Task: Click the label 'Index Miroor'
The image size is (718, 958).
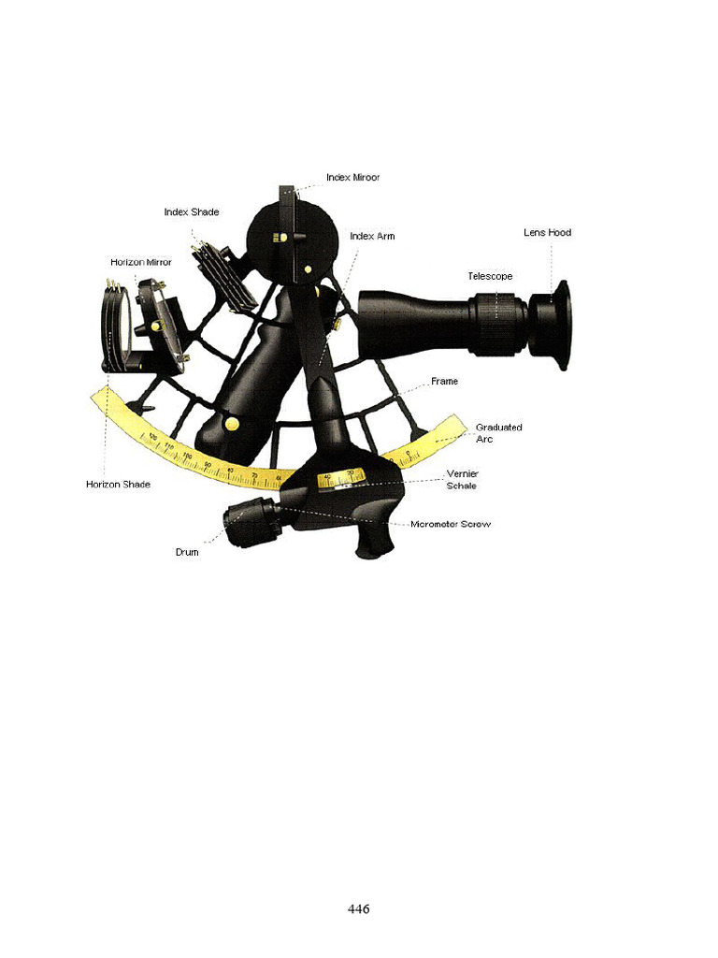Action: pyautogui.click(x=352, y=177)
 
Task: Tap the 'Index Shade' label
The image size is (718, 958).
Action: pyautogui.click(x=191, y=212)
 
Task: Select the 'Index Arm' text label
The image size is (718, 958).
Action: pyautogui.click(x=372, y=237)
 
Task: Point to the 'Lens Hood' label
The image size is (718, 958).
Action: pyautogui.click(x=547, y=232)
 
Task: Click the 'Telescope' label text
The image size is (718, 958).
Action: pyautogui.click(x=490, y=276)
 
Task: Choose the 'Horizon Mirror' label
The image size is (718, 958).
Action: pyautogui.click(x=140, y=262)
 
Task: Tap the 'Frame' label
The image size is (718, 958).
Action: pyautogui.click(x=444, y=382)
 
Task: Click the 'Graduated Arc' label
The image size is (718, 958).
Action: pyautogui.click(x=498, y=432)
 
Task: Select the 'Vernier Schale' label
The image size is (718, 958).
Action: pyautogui.click(x=462, y=480)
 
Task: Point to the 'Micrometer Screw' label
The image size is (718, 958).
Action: pyautogui.click(x=451, y=524)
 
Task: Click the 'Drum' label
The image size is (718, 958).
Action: pyautogui.click(x=187, y=552)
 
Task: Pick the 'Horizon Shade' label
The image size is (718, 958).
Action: pyautogui.click(x=118, y=485)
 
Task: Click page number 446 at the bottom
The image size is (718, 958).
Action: pyautogui.click(x=358, y=908)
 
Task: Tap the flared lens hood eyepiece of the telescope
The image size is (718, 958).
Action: pyautogui.click(x=552, y=325)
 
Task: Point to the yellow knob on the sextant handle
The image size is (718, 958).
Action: pyautogui.click(x=231, y=425)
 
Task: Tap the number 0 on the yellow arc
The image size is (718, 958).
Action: pyautogui.click(x=410, y=453)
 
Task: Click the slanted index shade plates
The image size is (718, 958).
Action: pyautogui.click(x=223, y=276)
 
